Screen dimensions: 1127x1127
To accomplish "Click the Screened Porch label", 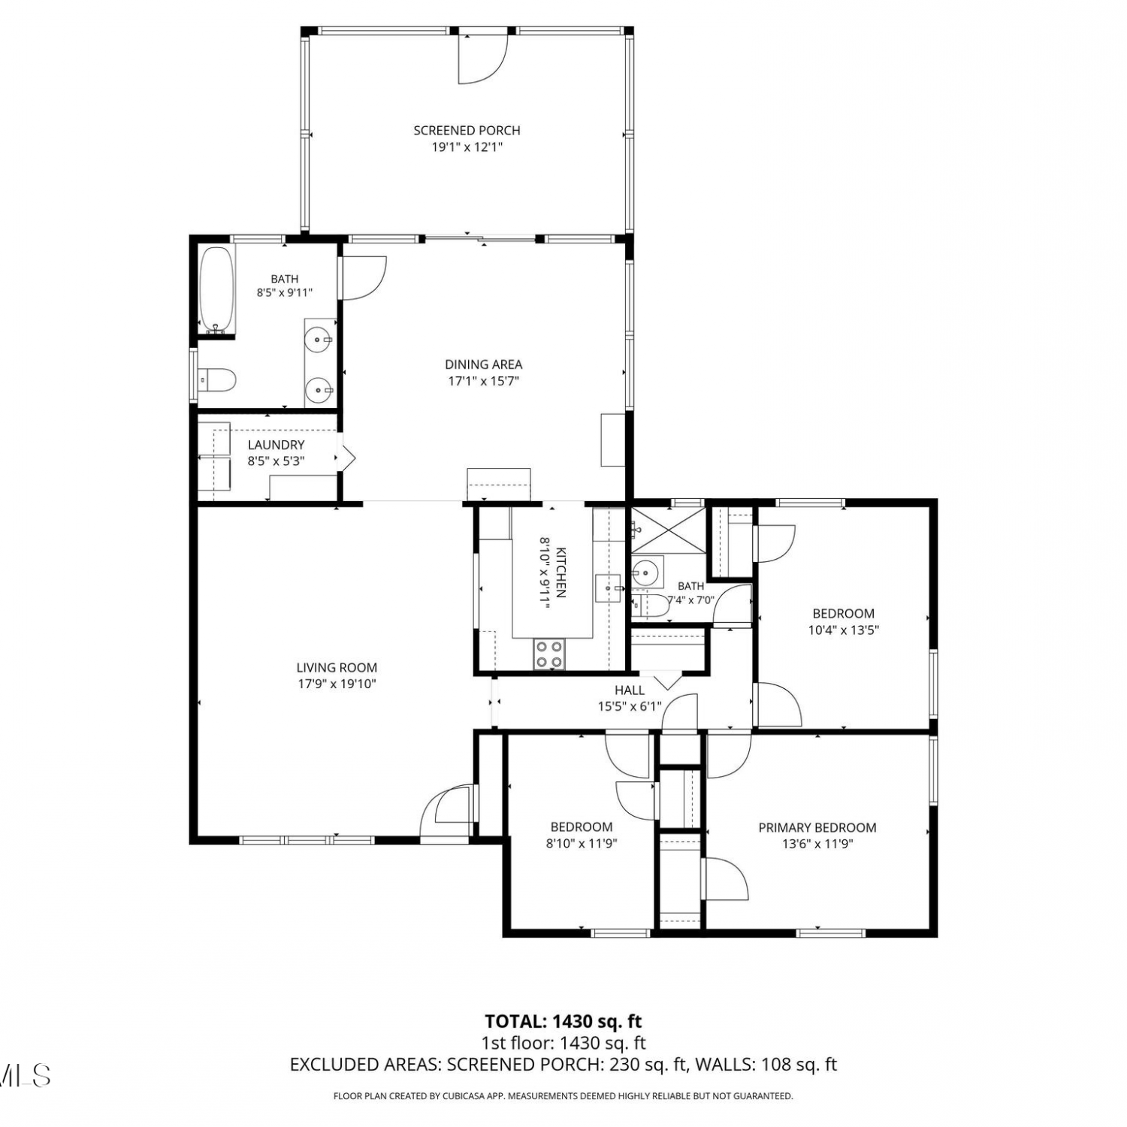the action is point(467,131).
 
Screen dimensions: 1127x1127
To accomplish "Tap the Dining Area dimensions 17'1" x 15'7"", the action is point(484,381).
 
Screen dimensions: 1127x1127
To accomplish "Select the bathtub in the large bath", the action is point(217,291).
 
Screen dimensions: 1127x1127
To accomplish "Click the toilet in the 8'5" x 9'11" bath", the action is point(217,379).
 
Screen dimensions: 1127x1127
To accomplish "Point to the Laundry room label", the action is point(276,445).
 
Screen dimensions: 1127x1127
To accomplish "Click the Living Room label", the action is point(337,667).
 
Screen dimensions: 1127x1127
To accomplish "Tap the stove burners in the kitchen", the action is point(549,654).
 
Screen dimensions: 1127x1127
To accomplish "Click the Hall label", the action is point(630,690).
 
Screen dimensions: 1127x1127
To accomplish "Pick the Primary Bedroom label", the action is point(817,828).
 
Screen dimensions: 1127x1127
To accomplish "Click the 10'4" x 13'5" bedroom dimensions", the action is point(844,630).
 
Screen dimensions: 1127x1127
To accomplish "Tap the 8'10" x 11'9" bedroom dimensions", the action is point(582,844).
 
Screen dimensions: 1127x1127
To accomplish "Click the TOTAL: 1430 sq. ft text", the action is point(563,1021).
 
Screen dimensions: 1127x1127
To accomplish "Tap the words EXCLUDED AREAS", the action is point(364,1065).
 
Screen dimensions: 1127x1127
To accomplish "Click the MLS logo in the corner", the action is point(25,1075).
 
